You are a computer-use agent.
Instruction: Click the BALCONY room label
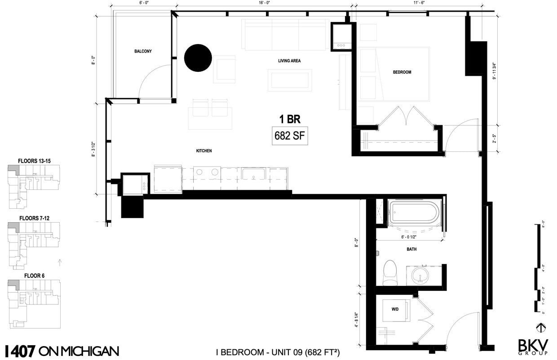[x=143, y=51]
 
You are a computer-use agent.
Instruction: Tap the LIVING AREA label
[x=289, y=61]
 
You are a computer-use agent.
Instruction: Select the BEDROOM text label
[x=402, y=72]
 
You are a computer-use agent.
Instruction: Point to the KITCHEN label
[x=203, y=151]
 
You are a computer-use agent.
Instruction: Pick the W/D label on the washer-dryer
[x=395, y=309]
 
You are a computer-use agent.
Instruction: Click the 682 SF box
[x=290, y=136]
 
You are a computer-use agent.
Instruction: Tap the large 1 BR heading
[x=289, y=119]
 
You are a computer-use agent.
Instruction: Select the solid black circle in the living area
[x=198, y=58]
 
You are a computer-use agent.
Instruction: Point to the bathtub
[x=416, y=213]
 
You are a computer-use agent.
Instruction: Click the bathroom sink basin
[x=422, y=275]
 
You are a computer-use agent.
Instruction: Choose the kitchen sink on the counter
[x=254, y=174]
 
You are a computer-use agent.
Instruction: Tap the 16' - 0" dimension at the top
[x=263, y=3]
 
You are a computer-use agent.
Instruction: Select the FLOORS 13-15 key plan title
[x=34, y=161]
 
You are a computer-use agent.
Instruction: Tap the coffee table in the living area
[x=290, y=80]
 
